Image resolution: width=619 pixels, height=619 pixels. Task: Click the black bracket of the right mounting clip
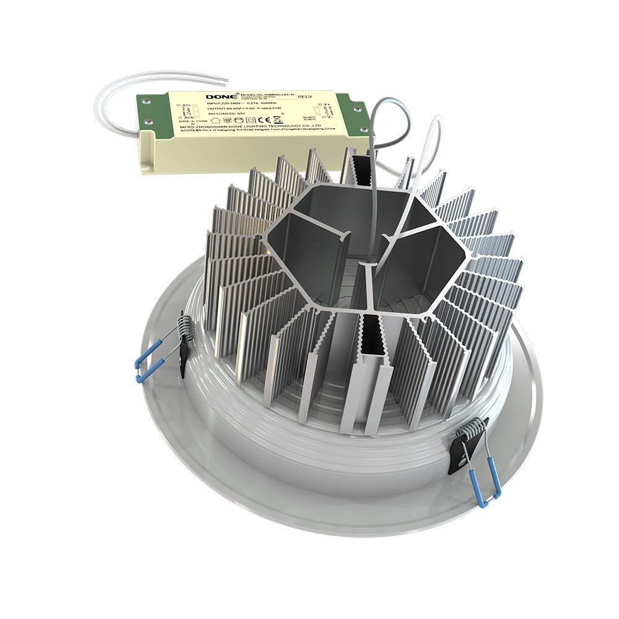point(461,455)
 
